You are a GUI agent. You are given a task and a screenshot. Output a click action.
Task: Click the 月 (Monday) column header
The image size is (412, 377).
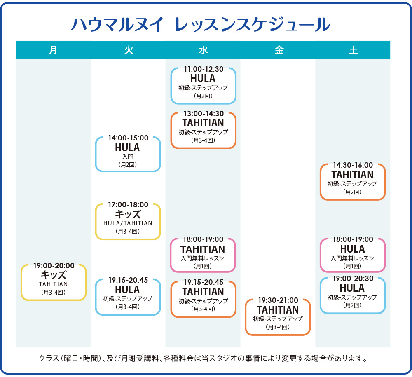(53, 50)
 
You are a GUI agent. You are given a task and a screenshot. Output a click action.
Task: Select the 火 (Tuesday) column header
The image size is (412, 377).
(128, 50)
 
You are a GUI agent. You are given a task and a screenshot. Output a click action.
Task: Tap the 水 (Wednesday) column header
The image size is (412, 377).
(203, 50)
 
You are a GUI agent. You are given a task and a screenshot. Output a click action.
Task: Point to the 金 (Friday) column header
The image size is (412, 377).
(278, 50)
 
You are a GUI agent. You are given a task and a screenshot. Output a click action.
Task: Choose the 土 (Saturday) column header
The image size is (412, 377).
(353, 50)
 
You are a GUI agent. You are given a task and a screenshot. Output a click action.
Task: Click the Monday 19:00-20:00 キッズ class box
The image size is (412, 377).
(54, 282)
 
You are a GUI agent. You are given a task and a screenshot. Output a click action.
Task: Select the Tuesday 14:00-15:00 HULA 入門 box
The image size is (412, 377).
(128, 154)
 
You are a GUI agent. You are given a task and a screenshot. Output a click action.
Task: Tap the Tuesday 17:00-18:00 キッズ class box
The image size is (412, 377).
(128, 221)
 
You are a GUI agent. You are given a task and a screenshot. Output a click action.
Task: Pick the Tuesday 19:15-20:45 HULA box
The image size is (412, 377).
(128, 297)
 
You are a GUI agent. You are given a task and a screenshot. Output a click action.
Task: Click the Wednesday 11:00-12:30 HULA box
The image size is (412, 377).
(203, 85)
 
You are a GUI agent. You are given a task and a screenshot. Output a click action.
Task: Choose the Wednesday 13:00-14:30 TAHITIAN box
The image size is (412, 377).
(203, 130)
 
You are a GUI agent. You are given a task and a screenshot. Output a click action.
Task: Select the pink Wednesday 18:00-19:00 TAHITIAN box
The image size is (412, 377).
(203, 255)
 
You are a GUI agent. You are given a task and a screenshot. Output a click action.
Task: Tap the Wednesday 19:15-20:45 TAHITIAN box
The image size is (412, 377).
(203, 299)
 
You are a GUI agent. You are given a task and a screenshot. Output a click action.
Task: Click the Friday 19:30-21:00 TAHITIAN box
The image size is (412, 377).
(278, 317)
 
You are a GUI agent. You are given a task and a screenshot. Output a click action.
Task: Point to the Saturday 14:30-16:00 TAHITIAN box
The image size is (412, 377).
(353, 182)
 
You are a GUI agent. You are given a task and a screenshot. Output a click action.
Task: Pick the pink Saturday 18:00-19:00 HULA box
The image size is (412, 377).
(353, 255)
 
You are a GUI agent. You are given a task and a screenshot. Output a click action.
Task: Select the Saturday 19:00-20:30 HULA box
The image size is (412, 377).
(353, 295)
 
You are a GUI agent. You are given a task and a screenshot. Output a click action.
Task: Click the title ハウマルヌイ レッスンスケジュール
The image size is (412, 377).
(201, 25)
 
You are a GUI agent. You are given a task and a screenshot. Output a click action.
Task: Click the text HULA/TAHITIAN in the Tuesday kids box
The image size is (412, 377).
(128, 223)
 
